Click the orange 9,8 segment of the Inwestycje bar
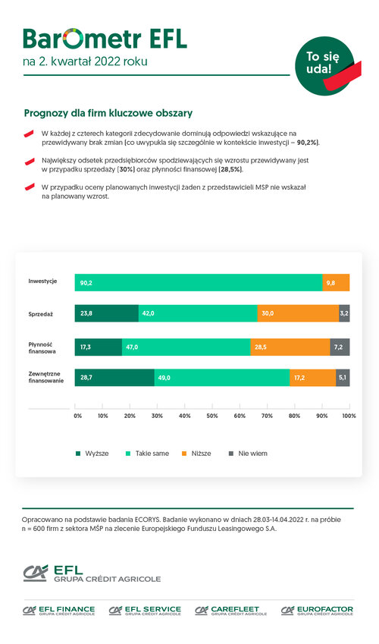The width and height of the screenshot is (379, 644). (336, 283)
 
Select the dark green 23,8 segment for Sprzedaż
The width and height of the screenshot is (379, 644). (107, 313)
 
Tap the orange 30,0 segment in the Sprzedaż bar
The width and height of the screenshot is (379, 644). (298, 313)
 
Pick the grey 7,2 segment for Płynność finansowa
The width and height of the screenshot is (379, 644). (340, 347)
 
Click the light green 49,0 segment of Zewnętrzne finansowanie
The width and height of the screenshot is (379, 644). (222, 378)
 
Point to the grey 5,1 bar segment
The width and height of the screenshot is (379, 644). (343, 378)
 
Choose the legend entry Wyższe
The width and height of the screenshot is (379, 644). (92, 454)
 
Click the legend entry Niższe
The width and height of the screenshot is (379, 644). (196, 454)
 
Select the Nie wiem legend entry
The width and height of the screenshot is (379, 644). (248, 454)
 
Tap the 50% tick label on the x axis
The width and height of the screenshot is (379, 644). (212, 416)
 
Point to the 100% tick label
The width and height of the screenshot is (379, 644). (349, 416)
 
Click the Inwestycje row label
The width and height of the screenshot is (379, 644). (42, 281)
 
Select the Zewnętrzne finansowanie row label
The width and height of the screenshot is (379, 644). (46, 377)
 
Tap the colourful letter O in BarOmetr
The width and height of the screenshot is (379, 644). (73, 39)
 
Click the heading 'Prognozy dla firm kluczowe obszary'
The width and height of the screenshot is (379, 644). (108, 113)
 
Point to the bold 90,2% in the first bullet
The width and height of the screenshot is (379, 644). (307, 143)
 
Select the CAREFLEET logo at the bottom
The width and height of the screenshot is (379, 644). (231, 611)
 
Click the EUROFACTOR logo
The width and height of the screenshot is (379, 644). (317, 611)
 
